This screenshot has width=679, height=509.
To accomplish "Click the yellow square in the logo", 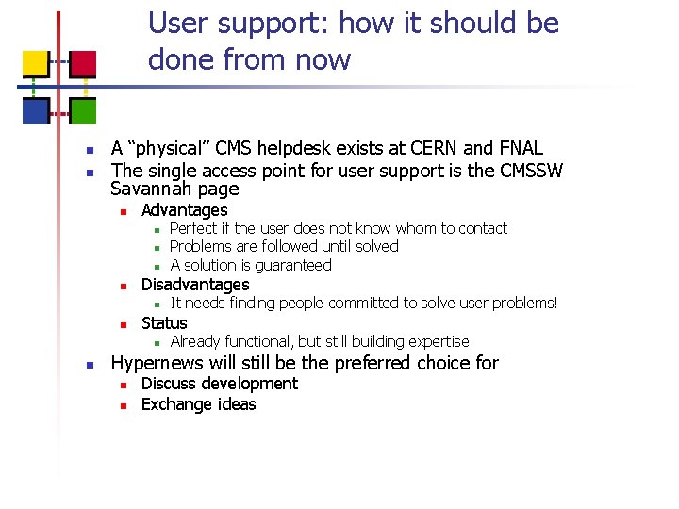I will (x=35, y=64).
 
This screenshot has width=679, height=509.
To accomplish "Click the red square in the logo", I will (x=83, y=64).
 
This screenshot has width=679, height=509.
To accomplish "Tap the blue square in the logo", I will (x=35, y=111).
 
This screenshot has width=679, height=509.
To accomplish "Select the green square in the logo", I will (x=83, y=111).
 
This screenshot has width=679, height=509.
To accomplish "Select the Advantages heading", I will (x=184, y=210).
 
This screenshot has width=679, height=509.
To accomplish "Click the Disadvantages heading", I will (x=195, y=285).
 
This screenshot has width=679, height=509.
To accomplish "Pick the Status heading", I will (x=164, y=323).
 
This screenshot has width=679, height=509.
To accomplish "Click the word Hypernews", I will (x=164, y=363).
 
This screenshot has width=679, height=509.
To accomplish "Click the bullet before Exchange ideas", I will (x=123, y=405).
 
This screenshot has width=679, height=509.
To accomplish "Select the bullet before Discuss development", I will (x=123, y=385).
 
